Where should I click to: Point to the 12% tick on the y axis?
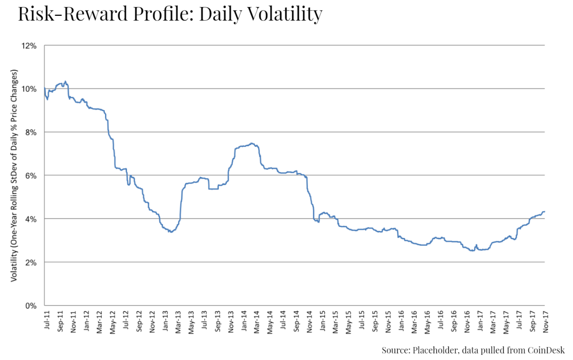(29, 46)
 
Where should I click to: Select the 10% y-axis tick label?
(29, 89)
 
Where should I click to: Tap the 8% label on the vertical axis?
(30, 132)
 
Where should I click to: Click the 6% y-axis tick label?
(30, 176)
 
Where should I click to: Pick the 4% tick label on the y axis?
(30, 219)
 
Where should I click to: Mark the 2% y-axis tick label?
(30, 263)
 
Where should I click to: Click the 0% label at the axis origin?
(30, 306)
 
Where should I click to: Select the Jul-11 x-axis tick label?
(47, 320)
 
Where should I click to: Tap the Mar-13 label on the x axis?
(178, 322)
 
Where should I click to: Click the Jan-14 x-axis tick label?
(244, 321)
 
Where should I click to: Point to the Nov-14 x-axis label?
(310, 322)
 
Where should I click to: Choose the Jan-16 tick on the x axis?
(401, 321)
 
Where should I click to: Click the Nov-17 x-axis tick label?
(545, 322)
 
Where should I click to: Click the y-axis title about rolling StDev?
(14, 175)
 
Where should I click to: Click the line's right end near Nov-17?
(544, 211)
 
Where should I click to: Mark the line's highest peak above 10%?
(65, 81)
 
